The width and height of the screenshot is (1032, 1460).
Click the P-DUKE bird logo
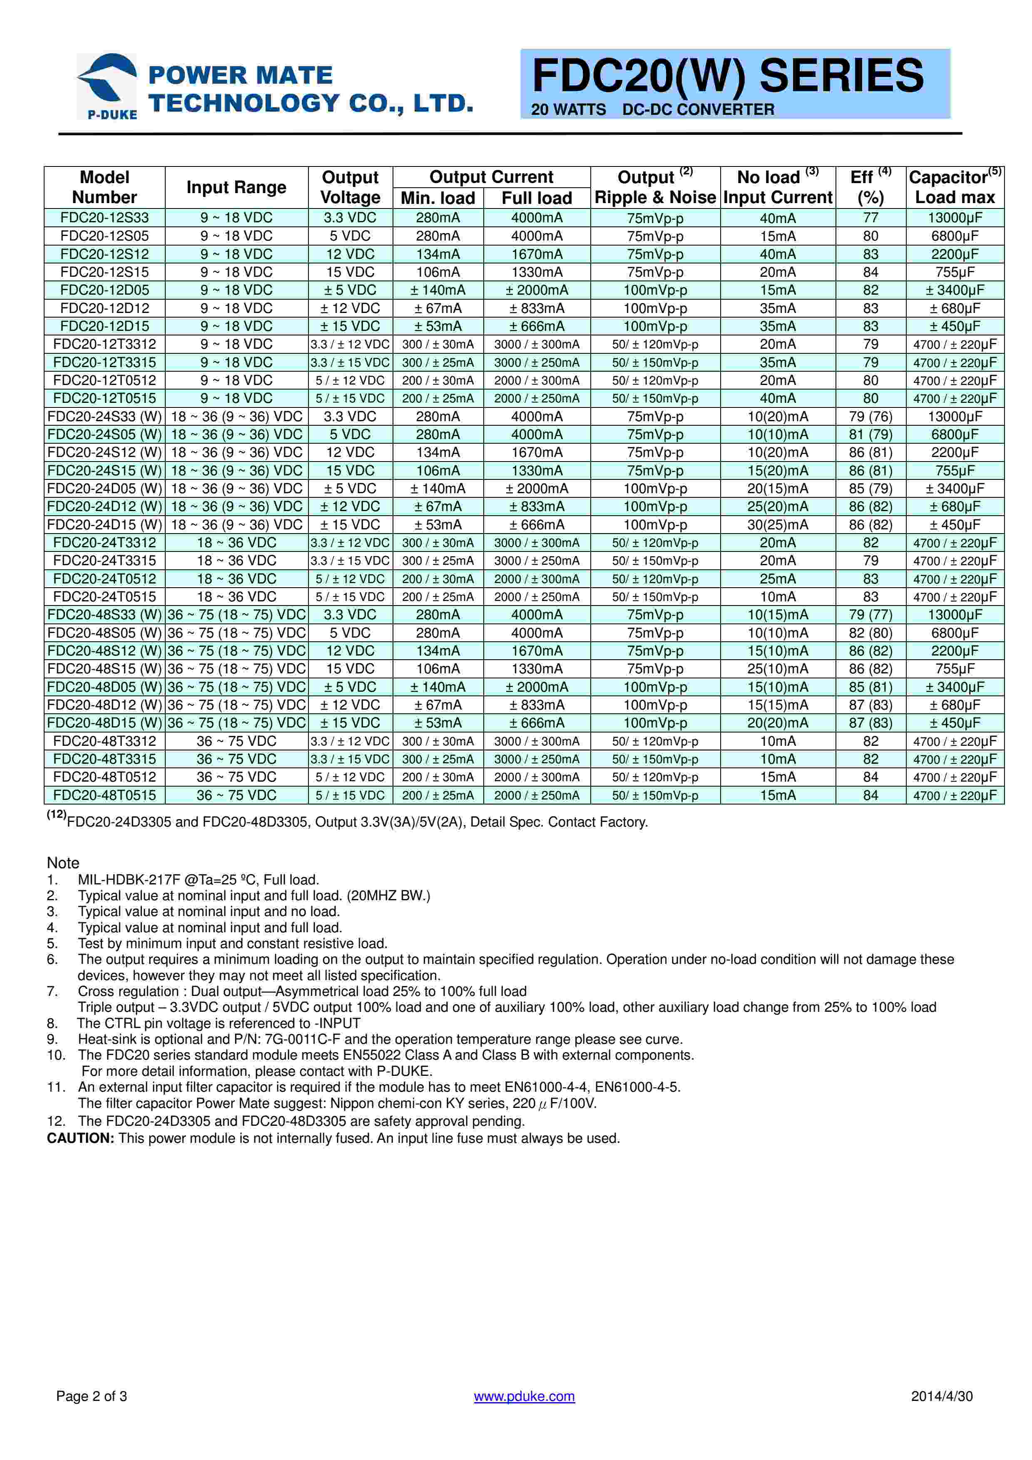pos(107,85)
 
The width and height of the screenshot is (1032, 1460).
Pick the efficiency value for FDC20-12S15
pos(870,272)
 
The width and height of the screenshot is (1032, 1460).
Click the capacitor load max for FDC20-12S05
pos(955,236)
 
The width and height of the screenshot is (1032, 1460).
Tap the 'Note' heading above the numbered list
pos(63,863)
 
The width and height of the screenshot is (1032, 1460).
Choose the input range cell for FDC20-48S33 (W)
pos(236,615)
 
